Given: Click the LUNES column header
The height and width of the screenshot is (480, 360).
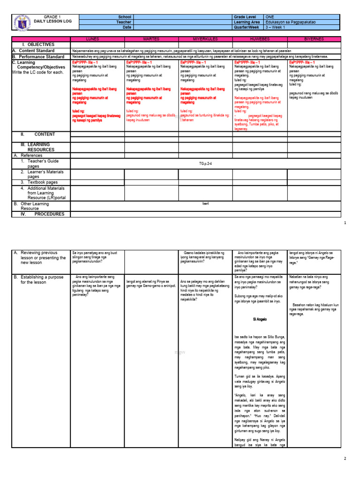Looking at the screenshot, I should point(97,39).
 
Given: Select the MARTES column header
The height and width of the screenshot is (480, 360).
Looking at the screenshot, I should point(151,39).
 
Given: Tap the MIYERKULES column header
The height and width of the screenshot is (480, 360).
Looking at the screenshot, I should point(205,39).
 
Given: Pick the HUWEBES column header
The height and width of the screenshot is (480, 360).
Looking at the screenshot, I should point(260,39).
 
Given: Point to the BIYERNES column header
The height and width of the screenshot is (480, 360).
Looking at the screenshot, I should point(314,39).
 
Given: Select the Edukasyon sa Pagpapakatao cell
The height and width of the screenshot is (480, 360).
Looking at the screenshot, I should point(302,22).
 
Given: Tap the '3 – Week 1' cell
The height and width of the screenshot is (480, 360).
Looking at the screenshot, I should point(302,27).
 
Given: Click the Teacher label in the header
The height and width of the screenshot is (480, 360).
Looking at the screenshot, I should point(125,22).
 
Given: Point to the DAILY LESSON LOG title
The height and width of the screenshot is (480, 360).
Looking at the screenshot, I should point(52,22).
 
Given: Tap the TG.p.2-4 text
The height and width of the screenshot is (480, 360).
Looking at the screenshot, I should point(205,164).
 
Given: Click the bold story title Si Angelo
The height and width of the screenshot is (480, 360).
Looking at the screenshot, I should point(260,319).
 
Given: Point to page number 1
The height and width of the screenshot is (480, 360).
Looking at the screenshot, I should point(345,223).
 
